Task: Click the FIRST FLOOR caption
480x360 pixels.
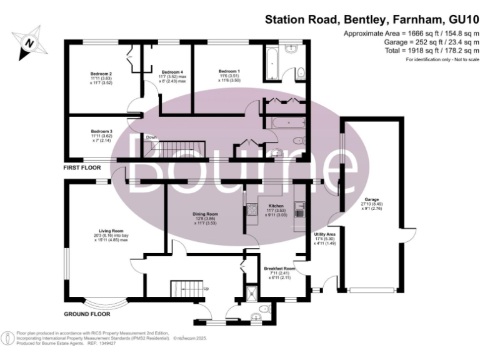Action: (82, 169)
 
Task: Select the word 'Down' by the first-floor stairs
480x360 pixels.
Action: (151, 137)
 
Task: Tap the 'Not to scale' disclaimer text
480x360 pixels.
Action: (442, 59)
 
